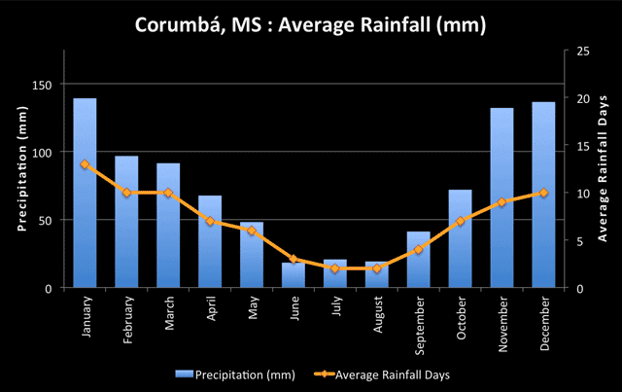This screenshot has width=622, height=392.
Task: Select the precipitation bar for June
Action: (294, 275)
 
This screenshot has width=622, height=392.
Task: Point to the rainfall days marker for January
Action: (85, 164)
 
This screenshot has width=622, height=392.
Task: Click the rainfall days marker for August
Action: (377, 268)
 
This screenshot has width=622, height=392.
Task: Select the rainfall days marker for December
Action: (543, 193)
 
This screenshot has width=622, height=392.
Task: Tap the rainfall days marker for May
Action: (252, 231)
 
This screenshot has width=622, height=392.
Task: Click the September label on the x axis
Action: (419, 322)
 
